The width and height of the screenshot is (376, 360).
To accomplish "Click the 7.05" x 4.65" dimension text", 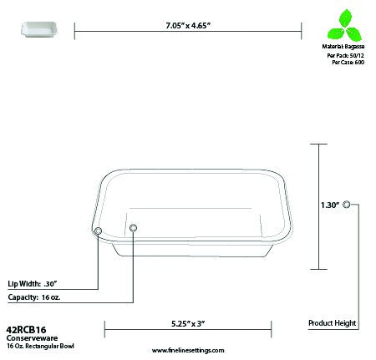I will [x=188, y=25].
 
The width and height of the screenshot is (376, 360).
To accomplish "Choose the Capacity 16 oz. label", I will [x=33, y=296].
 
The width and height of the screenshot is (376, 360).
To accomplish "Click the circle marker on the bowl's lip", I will [x=98, y=230].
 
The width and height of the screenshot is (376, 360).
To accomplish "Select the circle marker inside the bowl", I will [x=134, y=226].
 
